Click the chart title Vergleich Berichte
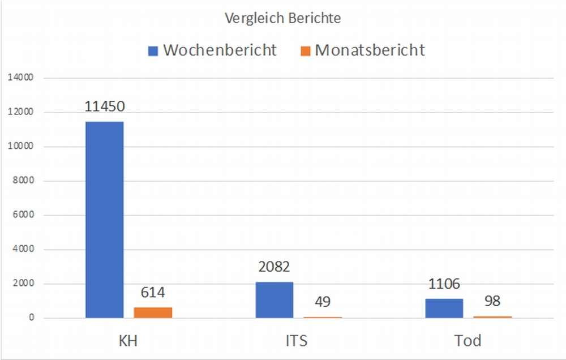coord(282,18)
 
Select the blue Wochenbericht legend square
coord(153,51)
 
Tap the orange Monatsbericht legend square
coord(306,51)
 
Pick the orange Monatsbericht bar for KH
coord(153,312)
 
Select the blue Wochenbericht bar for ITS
coord(275,300)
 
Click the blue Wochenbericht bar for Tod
coord(444,308)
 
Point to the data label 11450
coord(105,106)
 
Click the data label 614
coord(153,293)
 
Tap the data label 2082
coord(275,267)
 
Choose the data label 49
coord(323,302)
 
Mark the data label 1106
coord(444,284)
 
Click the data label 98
coord(492,301)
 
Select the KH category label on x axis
coord(129,341)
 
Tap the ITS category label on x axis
coord(299,341)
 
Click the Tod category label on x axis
coord(468,341)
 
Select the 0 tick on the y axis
coord(31,318)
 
